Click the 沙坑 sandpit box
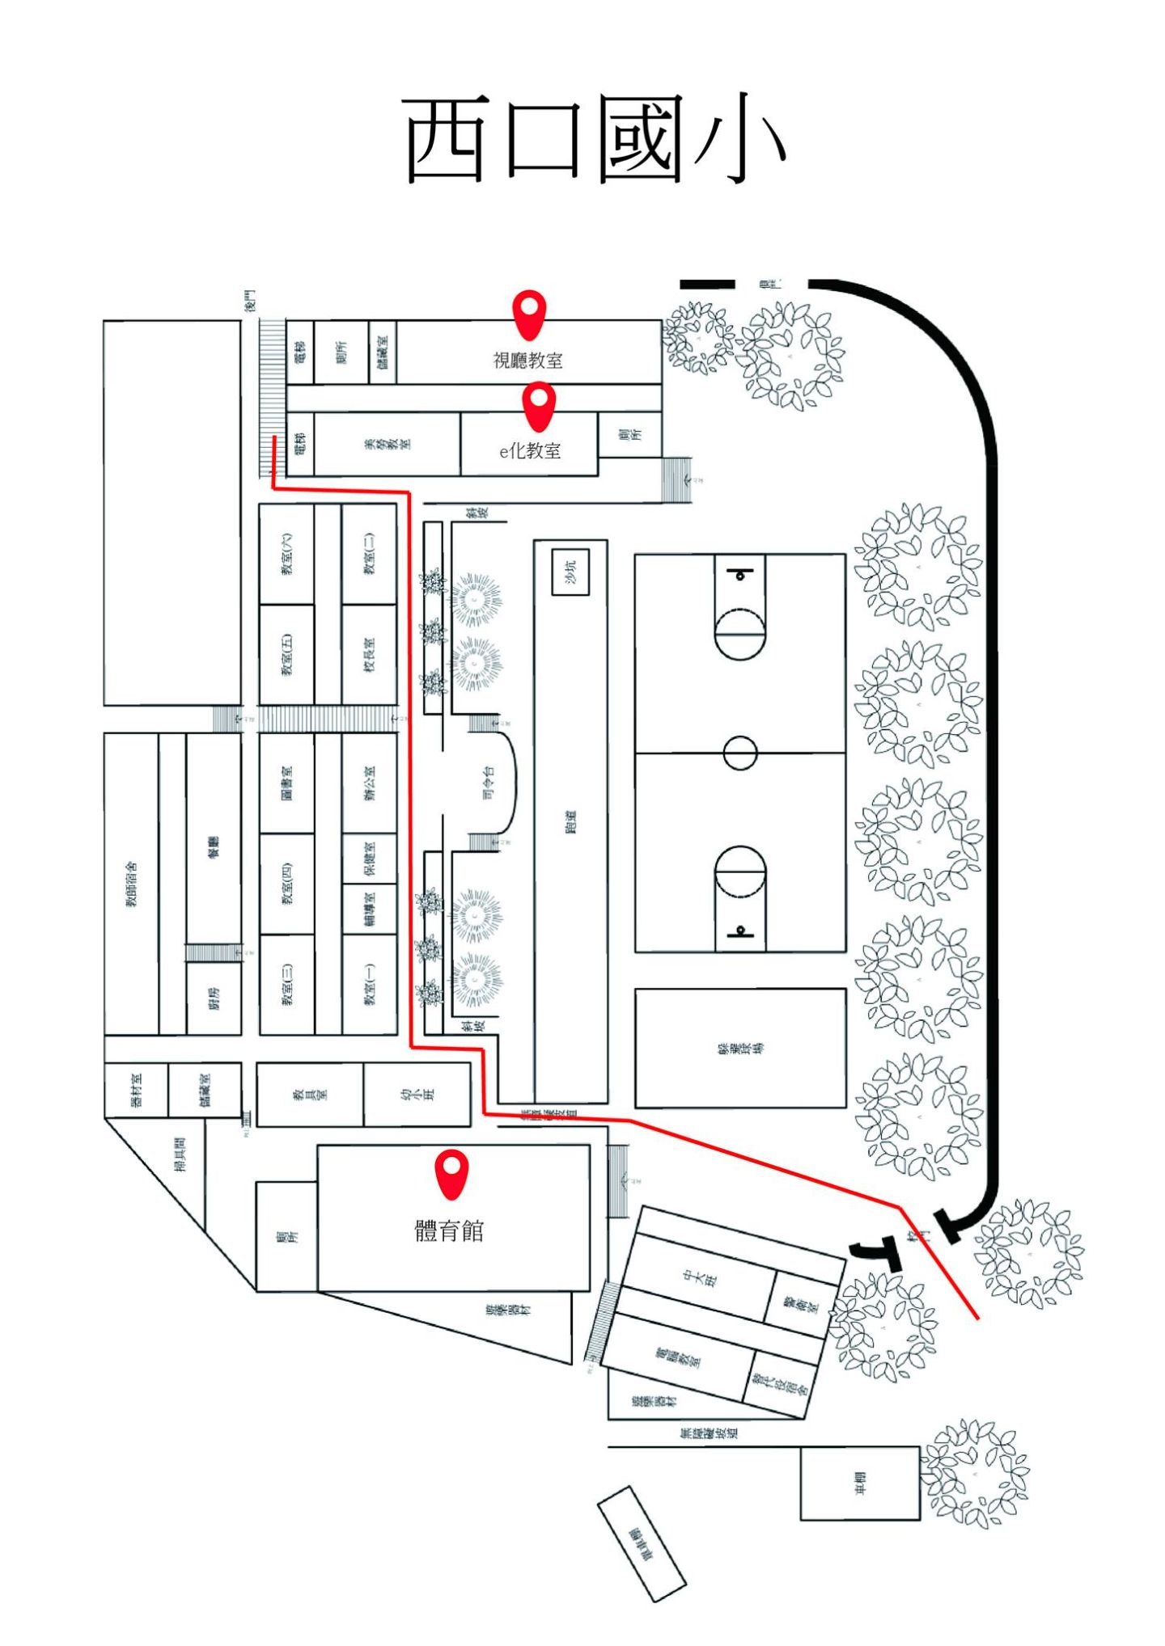tap(570, 572)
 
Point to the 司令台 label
tap(488, 782)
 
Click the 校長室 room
tap(369, 654)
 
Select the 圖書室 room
tap(286, 783)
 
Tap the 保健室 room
tap(369, 858)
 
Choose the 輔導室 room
tap(369, 909)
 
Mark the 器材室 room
tap(136, 1089)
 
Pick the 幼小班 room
tap(417, 1094)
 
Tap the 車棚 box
tap(860, 1483)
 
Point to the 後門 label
tap(250, 300)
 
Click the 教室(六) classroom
tap(286, 554)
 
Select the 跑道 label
tap(570, 821)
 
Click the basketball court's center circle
tap(739, 753)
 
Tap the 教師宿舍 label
tap(131, 884)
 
